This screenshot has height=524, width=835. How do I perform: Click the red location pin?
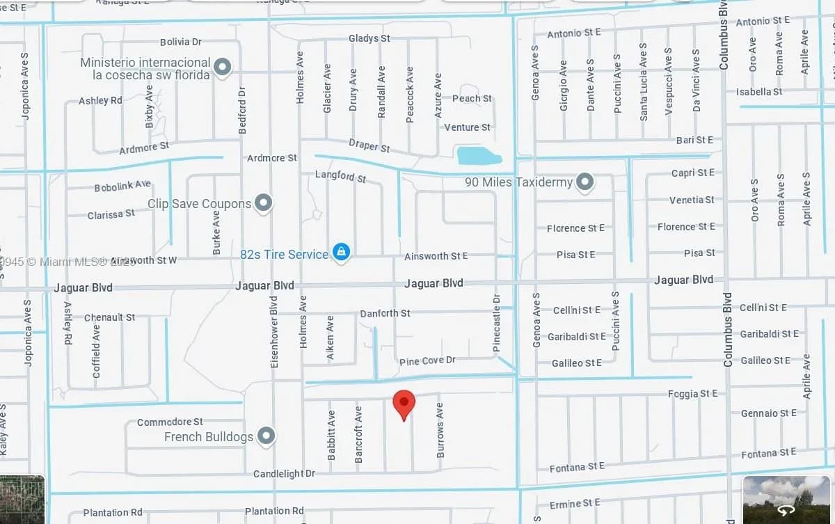point(404,403)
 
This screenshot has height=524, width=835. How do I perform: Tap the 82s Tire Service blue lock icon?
point(341,252)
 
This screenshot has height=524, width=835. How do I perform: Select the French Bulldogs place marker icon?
point(266,436)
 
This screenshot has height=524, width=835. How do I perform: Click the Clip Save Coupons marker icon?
point(263,203)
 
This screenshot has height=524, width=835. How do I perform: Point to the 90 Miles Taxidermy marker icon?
point(585,182)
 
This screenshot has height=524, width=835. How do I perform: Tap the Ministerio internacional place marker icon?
point(222,68)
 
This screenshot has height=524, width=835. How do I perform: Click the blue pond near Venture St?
point(479,155)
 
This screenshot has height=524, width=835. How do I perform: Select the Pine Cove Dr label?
point(427,361)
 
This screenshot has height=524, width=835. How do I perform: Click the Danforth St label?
point(385,314)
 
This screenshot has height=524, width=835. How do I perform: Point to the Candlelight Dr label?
point(284,474)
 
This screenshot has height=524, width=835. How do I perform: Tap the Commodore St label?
point(170,422)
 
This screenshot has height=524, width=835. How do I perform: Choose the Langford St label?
point(340,175)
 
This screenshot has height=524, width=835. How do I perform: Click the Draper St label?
point(369,146)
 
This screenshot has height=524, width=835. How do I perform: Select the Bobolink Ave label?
point(122,186)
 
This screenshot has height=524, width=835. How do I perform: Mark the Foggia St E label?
point(692,394)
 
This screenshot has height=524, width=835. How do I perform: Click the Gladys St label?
point(369,38)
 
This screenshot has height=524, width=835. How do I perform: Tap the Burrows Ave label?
point(440,430)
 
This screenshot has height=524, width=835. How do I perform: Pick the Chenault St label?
point(109,317)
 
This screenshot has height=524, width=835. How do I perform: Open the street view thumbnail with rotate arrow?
point(787,500)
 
